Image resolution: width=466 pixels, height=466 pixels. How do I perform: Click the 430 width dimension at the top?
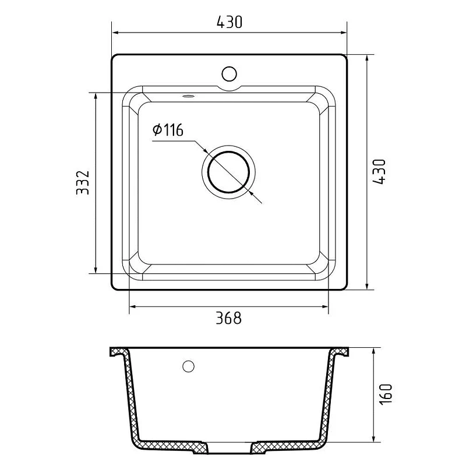(x=230, y=22)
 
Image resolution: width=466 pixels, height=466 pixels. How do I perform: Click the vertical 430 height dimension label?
(x=379, y=172)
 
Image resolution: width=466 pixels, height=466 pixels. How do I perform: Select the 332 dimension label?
(x=83, y=182)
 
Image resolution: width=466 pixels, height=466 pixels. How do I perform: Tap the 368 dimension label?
(x=228, y=317)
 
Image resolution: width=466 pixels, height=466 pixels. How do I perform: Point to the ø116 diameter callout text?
(x=168, y=130)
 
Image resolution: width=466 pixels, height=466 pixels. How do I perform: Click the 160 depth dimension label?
(x=386, y=394)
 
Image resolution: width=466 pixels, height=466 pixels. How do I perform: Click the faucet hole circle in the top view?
(x=229, y=74)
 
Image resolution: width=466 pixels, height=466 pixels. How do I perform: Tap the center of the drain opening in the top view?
(x=228, y=172)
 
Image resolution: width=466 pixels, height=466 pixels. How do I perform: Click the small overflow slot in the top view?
(x=188, y=96)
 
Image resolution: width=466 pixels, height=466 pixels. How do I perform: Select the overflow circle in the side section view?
(x=188, y=366)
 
